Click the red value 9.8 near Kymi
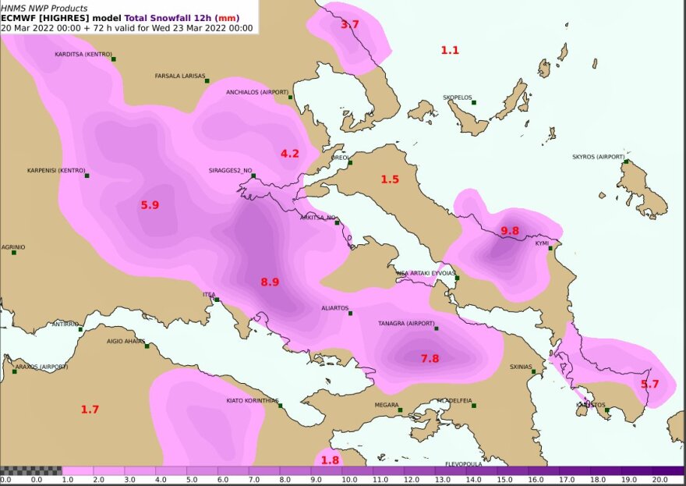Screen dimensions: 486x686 tap(510, 231)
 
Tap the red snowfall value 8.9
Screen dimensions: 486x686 tap(270, 282)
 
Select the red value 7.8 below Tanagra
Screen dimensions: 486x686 tap(430, 359)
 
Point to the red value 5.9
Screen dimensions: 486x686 tap(150, 205)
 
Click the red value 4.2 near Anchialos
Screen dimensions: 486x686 tap(290, 154)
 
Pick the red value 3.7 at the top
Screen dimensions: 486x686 tap(350, 25)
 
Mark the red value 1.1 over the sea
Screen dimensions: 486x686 tap(450, 51)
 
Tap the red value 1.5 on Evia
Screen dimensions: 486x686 tap(390, 179)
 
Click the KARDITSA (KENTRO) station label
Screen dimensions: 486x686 tap(81, 55)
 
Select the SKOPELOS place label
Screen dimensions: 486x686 tap(457, 98)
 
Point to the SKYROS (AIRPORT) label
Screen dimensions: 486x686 tap(598, 157)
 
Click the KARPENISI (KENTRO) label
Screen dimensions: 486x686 tap(55, 170)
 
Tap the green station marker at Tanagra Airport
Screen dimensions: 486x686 tap(437, 328)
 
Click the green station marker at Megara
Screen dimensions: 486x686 tap(399, 410)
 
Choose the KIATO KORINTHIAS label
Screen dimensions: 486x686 tap(252, 400)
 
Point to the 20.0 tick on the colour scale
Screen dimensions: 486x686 tap(660, 480)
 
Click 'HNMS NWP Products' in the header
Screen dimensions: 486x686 tap(44, 9)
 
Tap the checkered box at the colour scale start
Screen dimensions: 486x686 tap(30, 470)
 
